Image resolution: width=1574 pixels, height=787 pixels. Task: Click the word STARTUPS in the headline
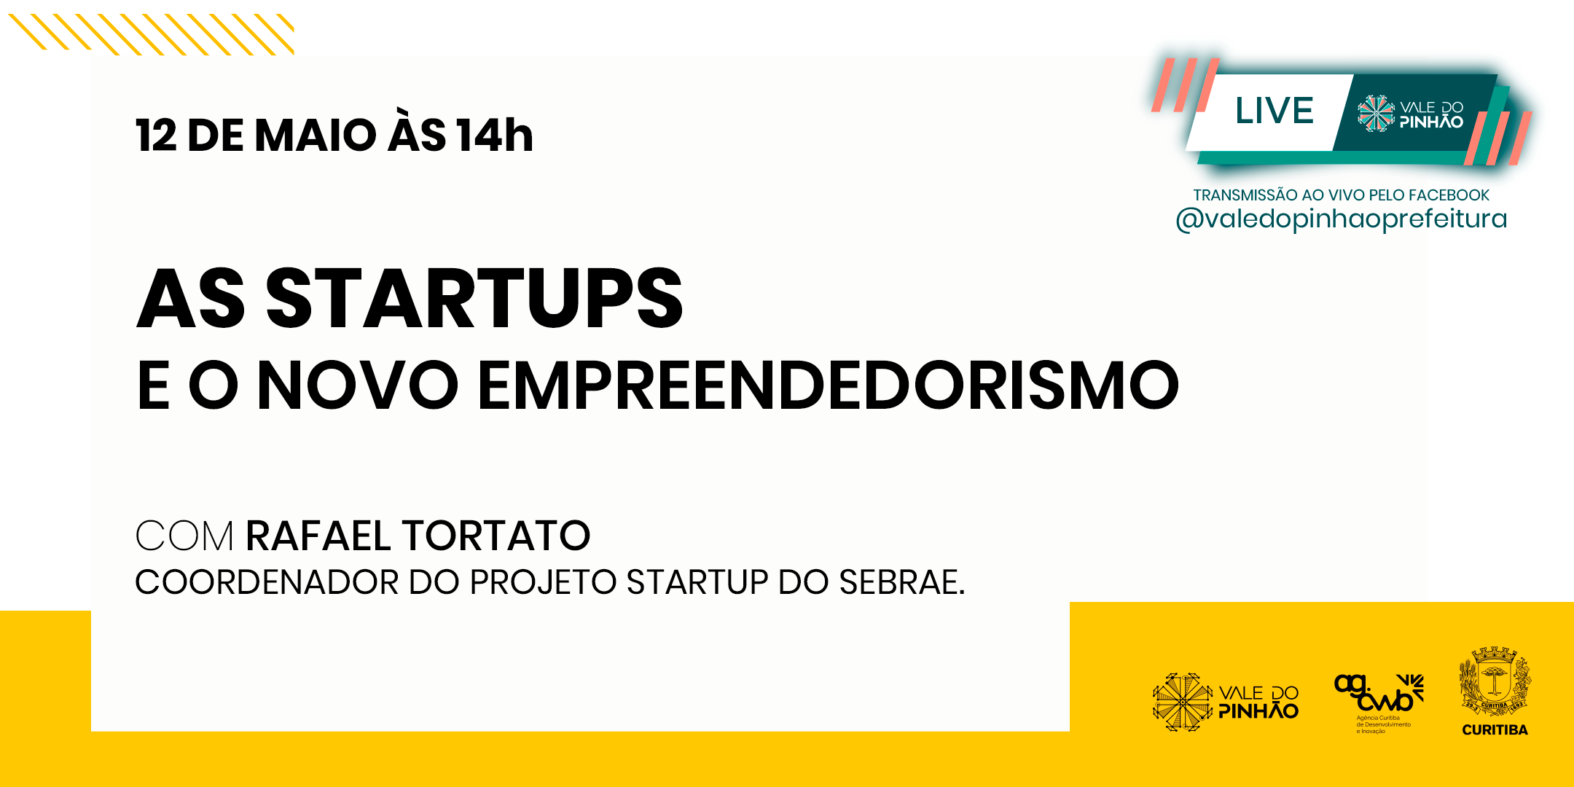(x=474, y=297)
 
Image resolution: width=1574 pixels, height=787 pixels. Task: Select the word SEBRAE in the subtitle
(x=901, y=582)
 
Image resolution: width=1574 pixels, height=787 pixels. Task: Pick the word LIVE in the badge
(x=1274, y=111)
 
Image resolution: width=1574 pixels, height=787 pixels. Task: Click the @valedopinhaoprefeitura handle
(x=1341, y=219)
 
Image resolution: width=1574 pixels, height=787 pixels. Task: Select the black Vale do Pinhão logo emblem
(x=1183, y=702)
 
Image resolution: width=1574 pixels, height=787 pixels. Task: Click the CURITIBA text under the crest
(x=1495, y=729)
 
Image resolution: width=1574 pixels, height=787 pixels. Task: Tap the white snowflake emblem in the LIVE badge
(x=1376, y=114)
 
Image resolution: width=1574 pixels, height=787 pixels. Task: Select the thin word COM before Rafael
(x=184, y=536)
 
